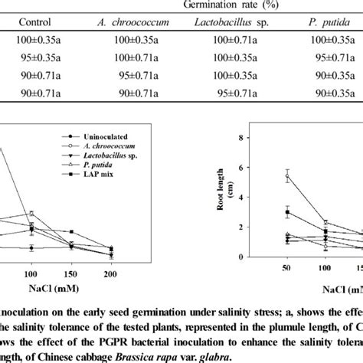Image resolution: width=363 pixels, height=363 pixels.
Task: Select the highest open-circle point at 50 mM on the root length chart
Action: coord(287,176)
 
